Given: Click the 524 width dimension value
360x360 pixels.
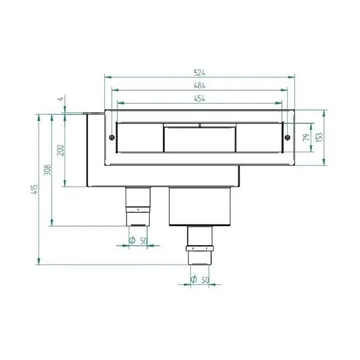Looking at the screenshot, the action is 199,73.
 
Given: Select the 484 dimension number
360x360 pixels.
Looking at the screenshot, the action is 199,85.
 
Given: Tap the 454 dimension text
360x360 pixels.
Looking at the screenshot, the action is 199,99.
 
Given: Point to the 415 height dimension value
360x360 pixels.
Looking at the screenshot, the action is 35,189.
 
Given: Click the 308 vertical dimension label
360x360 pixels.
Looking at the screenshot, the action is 47,170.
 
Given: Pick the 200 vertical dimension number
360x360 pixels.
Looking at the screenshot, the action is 60,150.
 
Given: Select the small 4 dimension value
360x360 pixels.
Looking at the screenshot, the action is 61,99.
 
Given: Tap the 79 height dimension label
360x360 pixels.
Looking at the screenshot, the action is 306,137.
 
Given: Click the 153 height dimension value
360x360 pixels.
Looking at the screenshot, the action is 319,137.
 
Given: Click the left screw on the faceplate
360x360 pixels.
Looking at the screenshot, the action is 112,137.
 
